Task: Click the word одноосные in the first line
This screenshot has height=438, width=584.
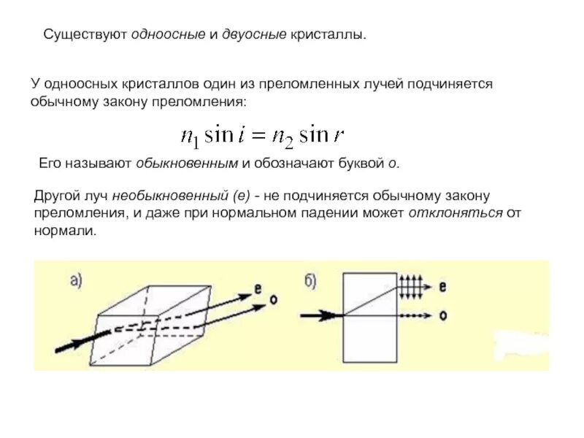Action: click(172, 35)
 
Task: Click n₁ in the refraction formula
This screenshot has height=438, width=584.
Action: click(189, 136)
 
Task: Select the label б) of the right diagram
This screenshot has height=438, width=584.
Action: click(310, 280)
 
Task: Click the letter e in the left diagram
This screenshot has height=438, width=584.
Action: click(258, 288)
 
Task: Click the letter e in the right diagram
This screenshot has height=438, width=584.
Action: click(444, 286)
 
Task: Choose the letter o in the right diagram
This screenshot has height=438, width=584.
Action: click(444, 315)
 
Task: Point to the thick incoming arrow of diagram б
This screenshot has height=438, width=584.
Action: click(318, 315)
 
